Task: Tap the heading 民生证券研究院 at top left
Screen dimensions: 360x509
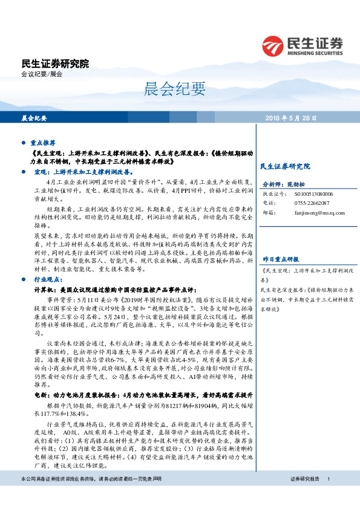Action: (55, 63)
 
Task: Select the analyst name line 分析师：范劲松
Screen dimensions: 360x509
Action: (282, 184)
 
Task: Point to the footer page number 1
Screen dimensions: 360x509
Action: (328, 496)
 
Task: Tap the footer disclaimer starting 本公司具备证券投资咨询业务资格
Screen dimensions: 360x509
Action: (91, 496)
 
